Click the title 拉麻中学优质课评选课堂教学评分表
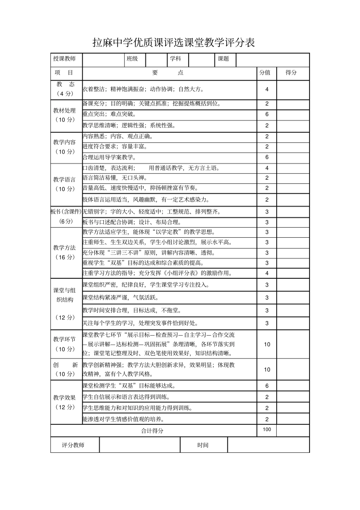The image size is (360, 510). (x=174, y=43)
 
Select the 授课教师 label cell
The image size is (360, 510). (x=64, y=59)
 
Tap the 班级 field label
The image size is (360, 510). (x=132, y=59)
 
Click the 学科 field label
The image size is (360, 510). (x=175, y=59)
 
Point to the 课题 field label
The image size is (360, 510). (x=224, y=59)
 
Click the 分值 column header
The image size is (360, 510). (x=265, y=72)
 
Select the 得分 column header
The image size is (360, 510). (x=291, y=72)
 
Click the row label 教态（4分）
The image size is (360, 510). (x=66, y=89)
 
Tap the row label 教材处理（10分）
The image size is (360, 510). (x=65, y=115)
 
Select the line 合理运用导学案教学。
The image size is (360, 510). (x=109, y=157)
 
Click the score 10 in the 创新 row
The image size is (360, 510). (x=267, y=370)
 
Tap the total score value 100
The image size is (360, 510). (x=267, y=430)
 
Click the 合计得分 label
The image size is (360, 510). (x=152, y=431)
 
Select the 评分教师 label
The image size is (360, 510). (x=73, y=445)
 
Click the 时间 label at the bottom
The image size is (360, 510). (x=203, y=445)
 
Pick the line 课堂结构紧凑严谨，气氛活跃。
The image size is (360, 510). (x=121, y=298)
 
